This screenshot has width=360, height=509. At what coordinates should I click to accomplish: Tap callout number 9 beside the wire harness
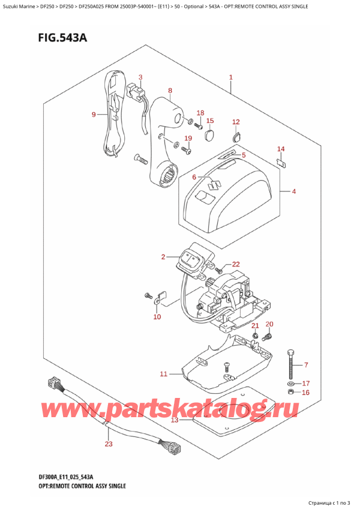94,115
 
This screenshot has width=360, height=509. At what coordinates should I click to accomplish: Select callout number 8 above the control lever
170,91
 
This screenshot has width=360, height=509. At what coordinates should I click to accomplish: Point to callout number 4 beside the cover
294,192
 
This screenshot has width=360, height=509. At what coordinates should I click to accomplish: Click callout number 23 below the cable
108,445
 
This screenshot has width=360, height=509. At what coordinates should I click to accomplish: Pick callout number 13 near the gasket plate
174,420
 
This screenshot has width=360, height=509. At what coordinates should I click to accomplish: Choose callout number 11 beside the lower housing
163,375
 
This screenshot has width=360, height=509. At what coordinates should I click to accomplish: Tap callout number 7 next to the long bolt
306,365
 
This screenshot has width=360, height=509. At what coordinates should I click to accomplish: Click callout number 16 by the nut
306,393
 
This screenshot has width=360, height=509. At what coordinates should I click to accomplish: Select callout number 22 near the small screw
235,264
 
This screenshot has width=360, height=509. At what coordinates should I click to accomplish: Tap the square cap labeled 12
235,136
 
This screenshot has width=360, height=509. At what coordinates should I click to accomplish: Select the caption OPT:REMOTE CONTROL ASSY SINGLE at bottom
75,485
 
